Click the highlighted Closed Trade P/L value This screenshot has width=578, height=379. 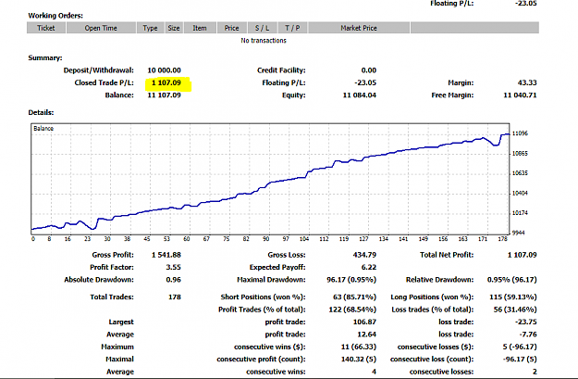(x=166, y=82)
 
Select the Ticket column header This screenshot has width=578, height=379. (x=46, y=28)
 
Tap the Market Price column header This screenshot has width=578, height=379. (x=359, y=28)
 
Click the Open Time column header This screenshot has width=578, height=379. (x=101, y=28)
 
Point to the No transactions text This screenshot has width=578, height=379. (x=264, y=40)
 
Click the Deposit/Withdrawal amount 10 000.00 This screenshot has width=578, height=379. (x=164, y=70)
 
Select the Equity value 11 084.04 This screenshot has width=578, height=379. (x=360, y=95)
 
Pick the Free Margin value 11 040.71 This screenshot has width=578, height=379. (x=520, y=95)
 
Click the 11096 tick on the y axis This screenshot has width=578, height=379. (x=520, y=133)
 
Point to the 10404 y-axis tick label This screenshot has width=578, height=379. (x=520, y=193)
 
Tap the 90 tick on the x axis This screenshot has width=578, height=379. (x=265, y=239)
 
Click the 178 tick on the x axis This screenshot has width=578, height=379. (x=503, y=239)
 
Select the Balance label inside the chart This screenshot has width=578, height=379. (x=43, y=129)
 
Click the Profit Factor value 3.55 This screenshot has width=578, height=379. (x=173, y=268)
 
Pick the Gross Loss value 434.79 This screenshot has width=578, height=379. (x=364, y=255)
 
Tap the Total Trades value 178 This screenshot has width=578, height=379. (x=175, y=297)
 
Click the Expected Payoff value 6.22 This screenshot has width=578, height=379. (x=369, y=268)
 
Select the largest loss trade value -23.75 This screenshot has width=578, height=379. (x=526, y=322)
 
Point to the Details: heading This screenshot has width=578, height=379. (x=41, y=113)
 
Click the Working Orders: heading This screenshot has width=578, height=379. (x=55, y=16)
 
